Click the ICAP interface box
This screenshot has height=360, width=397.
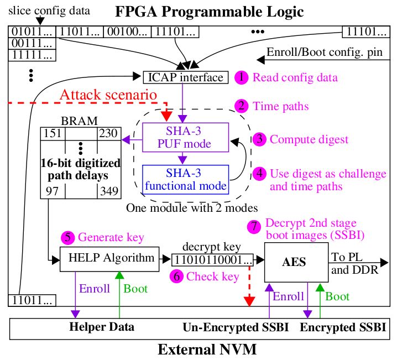click(186, 77)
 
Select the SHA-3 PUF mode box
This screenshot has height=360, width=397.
click(186, 138)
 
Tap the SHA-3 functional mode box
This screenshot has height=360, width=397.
click(186, 180)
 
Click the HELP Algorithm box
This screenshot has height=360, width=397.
click(109, 259)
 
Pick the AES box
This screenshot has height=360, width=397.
click(296, 262)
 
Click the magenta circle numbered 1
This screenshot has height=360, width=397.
click(241, 77)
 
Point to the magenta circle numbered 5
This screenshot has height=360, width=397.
click(68, 237)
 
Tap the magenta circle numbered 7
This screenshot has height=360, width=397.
click(254, 226)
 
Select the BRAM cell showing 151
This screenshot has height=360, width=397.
click(53, 134)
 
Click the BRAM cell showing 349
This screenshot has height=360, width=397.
click(109, 191)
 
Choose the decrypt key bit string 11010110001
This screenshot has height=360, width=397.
click(212, 260)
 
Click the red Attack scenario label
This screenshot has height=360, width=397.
click(108, 95)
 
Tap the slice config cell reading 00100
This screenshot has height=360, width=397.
click(127, 32)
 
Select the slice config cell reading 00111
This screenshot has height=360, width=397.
click(32, 43)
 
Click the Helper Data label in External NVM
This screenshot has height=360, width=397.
click(102, 327)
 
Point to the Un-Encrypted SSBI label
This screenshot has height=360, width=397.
click(236, 327)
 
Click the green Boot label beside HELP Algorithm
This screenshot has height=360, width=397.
click(135, 289)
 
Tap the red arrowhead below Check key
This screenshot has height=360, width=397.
click(249, 302)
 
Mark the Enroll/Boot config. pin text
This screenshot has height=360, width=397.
click(325, 53)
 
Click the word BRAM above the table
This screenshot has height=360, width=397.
click(79, 121)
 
